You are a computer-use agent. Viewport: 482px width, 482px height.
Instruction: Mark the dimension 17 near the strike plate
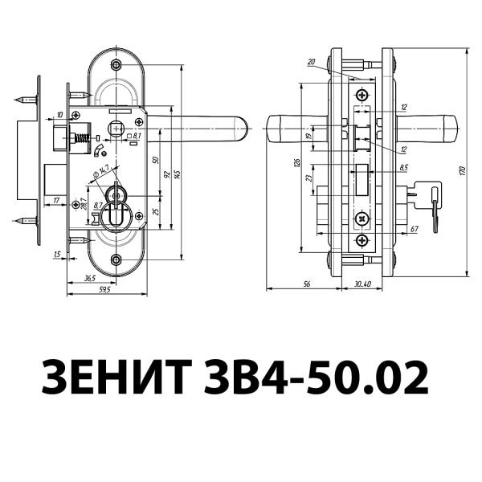(x=55, y=198)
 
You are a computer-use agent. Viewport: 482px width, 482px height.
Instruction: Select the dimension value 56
(x=307, y=284)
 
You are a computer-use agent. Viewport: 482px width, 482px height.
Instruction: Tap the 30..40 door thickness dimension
(x=361, y=284)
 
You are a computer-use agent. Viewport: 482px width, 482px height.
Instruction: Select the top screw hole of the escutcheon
(x=117, y=65)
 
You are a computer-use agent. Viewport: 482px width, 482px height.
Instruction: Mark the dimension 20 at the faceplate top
(x=311, y=62)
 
